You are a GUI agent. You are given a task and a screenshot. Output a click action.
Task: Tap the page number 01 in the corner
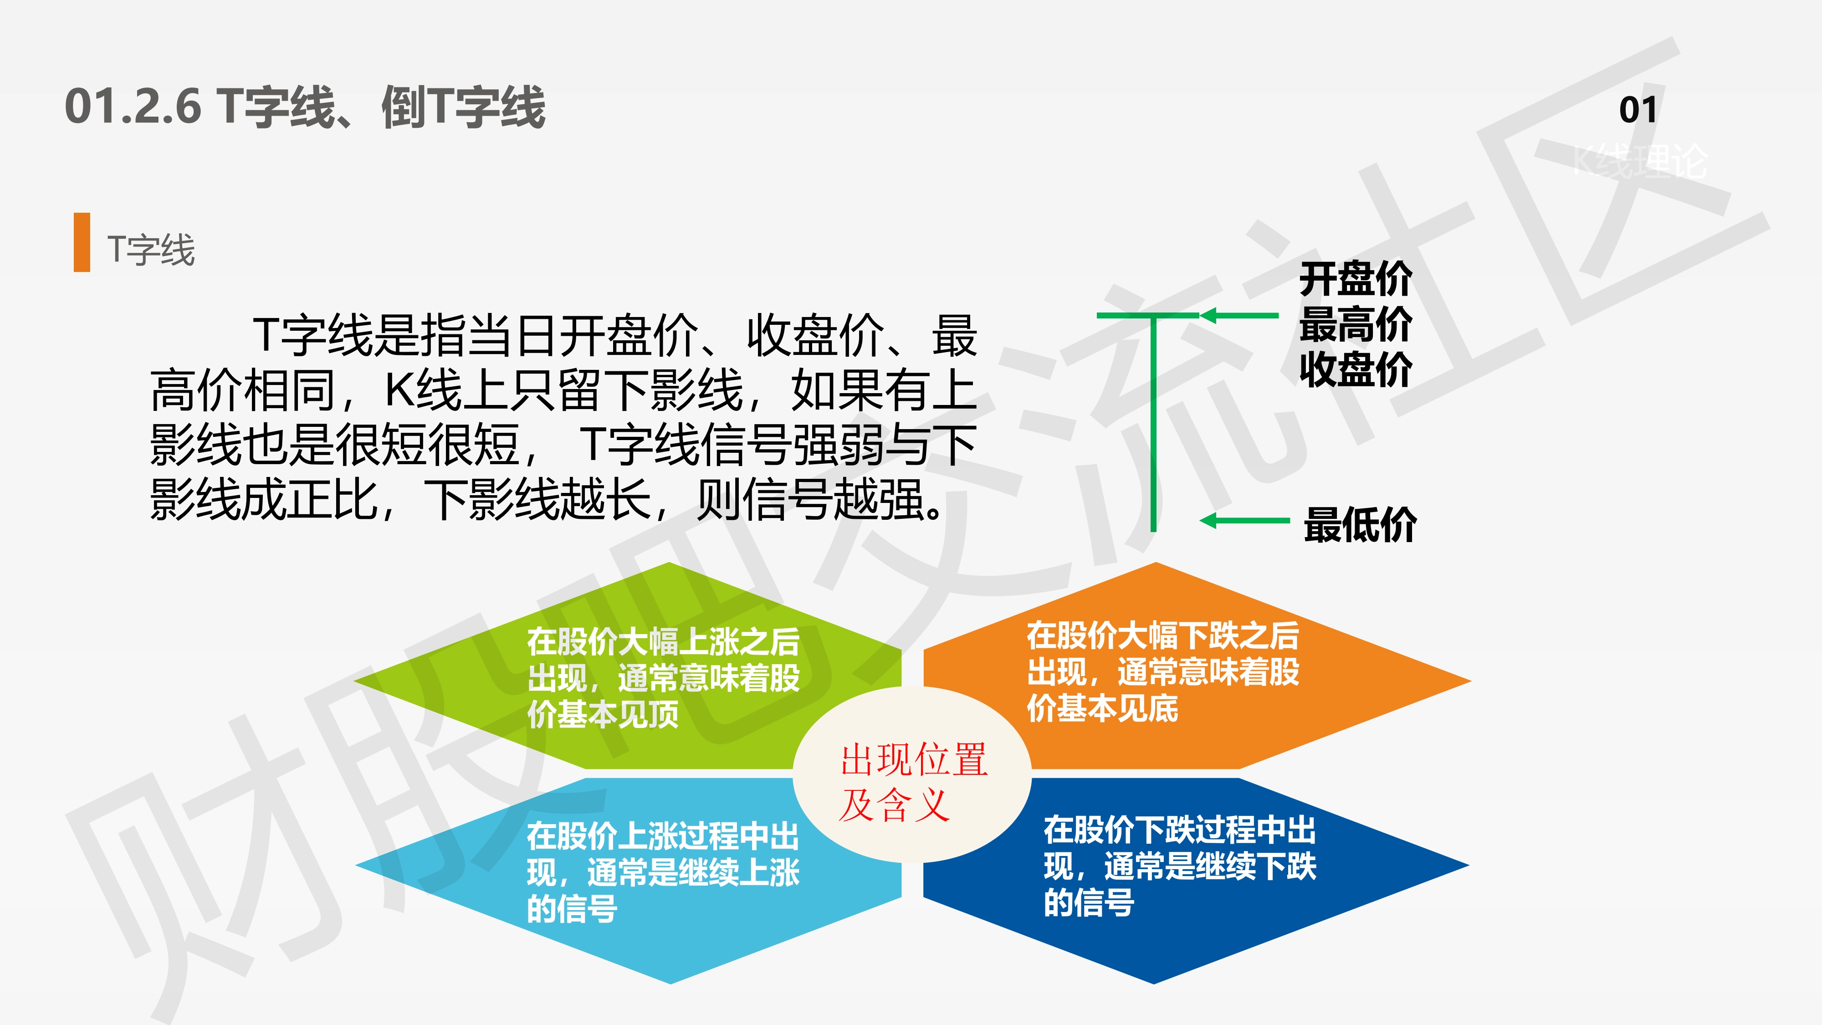1638,110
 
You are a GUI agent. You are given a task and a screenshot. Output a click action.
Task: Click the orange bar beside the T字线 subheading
82,242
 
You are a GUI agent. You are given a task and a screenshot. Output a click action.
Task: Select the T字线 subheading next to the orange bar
151,250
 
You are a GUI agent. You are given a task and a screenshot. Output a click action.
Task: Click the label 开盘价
1355,279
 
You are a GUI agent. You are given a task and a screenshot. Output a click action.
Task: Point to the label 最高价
1355,324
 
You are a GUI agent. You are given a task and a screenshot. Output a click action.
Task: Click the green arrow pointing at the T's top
1239,316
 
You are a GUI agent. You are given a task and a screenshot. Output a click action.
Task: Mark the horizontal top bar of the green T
1148,316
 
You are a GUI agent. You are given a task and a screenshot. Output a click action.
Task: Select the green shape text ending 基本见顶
664,678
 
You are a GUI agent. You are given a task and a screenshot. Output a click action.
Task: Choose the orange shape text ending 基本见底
1163,672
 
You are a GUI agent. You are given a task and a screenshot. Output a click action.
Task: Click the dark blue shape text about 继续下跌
1180,866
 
